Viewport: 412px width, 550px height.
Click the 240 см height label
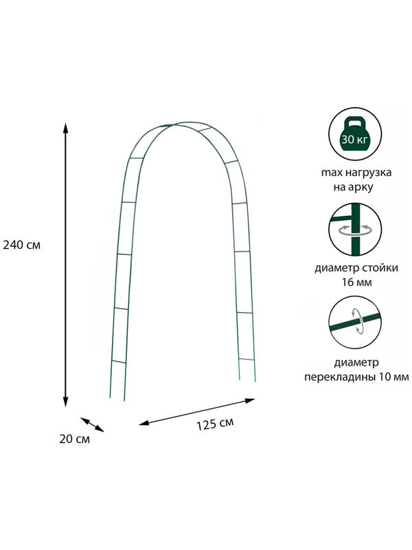click(22, 245)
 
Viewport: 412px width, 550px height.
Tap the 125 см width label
click(215, 424)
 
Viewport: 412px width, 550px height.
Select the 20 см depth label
click(74, 439)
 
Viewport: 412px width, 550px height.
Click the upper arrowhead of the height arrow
click(65, 129)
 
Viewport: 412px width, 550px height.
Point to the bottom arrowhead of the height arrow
click(65, 402)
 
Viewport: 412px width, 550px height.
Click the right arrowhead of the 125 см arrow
click(250, 400)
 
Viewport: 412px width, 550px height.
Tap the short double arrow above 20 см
click(92, 424)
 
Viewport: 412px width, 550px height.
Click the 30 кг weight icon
click(355, 134)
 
